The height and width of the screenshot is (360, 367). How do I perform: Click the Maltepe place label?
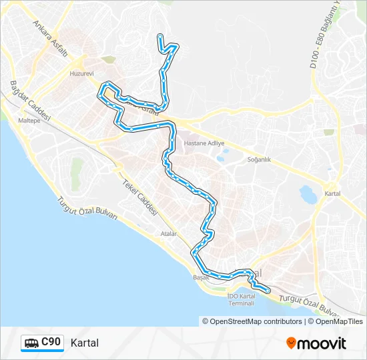click(x=29, y=121)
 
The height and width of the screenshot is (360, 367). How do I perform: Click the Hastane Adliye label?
click(x=204, y=143)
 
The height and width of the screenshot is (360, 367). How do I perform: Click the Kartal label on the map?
click(x=332, y=193)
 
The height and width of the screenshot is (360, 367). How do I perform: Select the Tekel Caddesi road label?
click(x=139, y=197)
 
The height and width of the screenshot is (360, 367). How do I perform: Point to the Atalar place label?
click(x=169, y=234)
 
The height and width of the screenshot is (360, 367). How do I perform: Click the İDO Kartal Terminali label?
click(x=242, y=299)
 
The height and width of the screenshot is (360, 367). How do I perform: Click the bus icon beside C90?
click(x=32, y=343)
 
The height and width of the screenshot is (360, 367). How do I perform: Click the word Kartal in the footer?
click(x=84, y=343)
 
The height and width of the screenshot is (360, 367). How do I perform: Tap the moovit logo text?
click(x=322, y=343)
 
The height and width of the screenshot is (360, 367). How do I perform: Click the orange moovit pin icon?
click(x=291, y=343)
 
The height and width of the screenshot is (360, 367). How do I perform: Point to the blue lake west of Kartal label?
click(x=309, y=195)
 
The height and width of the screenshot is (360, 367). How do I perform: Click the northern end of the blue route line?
click(x=159, y=35)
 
